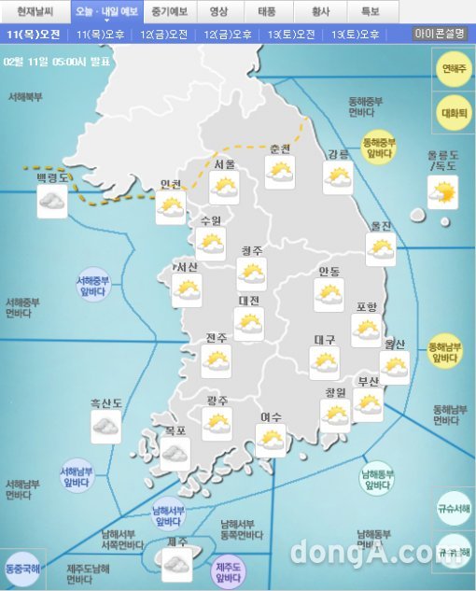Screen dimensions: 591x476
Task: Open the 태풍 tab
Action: [267, 11]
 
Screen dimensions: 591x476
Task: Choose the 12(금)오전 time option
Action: [163, 35]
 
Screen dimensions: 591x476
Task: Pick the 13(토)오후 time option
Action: [356, 35]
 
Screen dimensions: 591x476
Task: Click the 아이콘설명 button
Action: [440, 34]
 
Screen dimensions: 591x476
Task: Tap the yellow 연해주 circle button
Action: [455, 69]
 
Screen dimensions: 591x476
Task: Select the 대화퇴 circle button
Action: [455, 112]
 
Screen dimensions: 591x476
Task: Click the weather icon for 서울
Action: [224, 187]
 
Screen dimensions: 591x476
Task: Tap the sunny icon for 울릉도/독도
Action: [442, 192]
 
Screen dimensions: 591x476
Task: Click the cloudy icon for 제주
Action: [176, 563]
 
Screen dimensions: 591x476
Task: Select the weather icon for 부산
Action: [368, 404]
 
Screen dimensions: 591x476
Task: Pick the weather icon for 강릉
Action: [338, 177]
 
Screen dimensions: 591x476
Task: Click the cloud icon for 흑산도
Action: [105, 427]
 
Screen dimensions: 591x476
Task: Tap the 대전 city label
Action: [248, 302]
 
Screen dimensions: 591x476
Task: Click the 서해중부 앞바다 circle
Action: [93, 285]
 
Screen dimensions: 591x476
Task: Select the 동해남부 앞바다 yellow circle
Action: [444, 351]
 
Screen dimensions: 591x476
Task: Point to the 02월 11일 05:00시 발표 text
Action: [56, 61]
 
